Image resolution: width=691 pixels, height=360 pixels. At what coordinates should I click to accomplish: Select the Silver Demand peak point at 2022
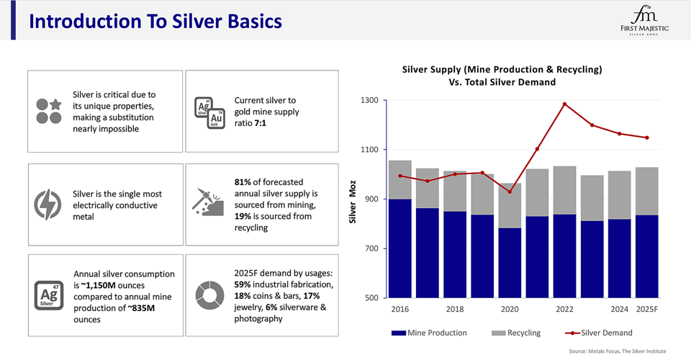(564, 104)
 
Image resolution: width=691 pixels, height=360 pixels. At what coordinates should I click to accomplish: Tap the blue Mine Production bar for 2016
(399, 248)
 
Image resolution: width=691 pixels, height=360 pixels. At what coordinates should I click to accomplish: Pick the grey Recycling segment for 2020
(510, 206)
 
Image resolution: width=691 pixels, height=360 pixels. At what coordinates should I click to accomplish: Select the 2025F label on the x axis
(646, 310)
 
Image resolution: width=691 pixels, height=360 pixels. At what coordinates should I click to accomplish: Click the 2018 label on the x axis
(454, 310)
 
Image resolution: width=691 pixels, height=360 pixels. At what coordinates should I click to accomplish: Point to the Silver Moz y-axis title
(353, 199)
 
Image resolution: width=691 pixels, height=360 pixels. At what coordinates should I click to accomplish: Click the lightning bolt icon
(48, 204)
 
